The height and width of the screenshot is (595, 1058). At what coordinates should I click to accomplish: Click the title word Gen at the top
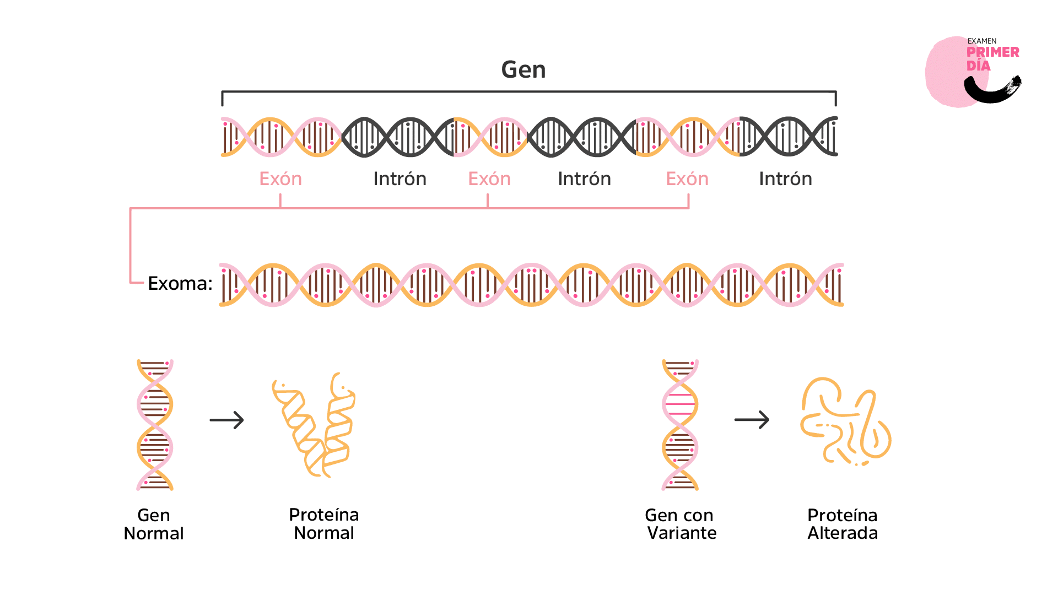click(x=523, y=70)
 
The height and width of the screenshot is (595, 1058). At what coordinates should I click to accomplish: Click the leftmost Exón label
click(x=280, y=179)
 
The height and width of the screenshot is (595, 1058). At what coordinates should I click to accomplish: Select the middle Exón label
click(x=489, y=179)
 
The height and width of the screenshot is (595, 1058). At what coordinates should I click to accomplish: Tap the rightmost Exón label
click(x=687, y=179)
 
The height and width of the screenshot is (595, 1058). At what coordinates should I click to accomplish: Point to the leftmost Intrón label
click(x=400, y=179)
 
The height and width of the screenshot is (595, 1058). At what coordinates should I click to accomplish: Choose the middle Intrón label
click(x=584, y=179)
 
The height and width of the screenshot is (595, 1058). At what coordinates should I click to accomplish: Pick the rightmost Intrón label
click(x=785, y=179)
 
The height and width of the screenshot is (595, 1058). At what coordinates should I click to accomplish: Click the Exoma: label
click(x=180, y=283)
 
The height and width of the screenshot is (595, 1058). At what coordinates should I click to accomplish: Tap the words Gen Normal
click(x=154, y=524)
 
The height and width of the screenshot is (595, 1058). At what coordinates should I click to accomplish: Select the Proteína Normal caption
click(x=324, y=523)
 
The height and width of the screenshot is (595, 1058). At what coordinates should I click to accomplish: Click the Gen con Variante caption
click(x=680, y=523)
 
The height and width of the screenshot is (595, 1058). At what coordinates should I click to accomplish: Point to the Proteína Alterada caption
click(x=843, y=523)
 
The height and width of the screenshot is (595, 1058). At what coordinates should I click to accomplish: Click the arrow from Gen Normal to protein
click(x=226, y=420)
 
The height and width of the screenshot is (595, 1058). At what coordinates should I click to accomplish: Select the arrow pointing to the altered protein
click(x=752, y=420)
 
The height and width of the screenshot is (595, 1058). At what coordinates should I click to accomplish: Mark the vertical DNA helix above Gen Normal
click(x=155, y=424)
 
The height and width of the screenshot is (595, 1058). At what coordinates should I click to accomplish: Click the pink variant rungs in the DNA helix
click(x=680, y=405)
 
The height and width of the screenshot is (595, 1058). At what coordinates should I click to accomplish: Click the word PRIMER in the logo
click(x=992, y=52)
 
